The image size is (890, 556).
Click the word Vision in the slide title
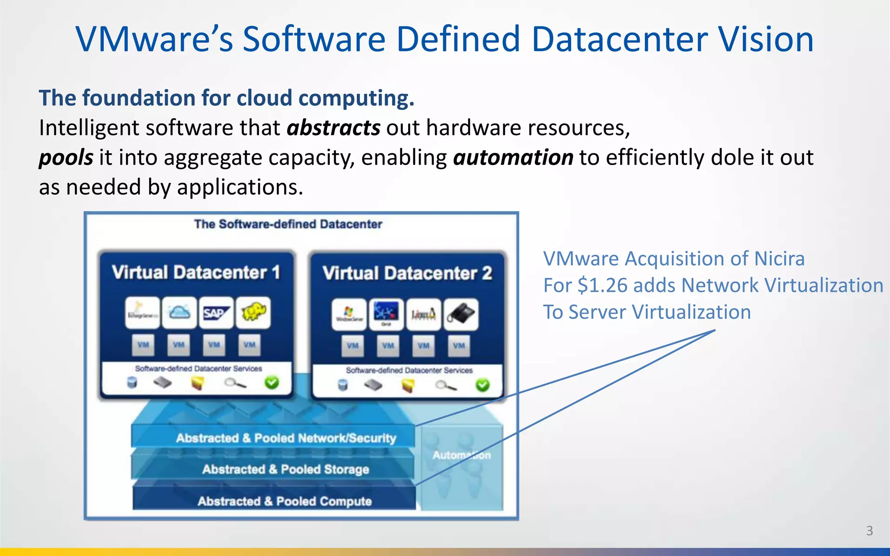tap(765, 39)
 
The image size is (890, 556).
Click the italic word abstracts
tap(333, 128)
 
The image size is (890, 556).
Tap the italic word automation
tap(513, 157)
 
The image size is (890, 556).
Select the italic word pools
tap(66, 157)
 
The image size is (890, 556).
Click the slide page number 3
tap(869, 530)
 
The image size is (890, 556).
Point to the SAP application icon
tap(216, 313)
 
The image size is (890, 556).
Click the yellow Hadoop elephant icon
tap(253, 313)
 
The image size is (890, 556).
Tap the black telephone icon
tap(462, 314)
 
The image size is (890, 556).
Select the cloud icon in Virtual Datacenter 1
tap(179, 313)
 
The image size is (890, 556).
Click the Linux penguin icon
tap(424, 314)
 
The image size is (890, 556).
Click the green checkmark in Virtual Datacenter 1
tap(272, 383)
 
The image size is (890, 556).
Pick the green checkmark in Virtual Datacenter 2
tap(482, 385)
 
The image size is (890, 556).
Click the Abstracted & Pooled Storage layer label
tap(286, 469)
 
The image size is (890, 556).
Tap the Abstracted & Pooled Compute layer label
tap(285, 501)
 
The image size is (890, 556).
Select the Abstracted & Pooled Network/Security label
tap(286, 438)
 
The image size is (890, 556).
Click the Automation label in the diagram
tap(462, 455)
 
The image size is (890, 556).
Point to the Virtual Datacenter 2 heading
tap(407, 273)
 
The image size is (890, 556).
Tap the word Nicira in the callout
tap(779, 259)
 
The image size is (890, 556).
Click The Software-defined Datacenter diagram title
tap(288, 224)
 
